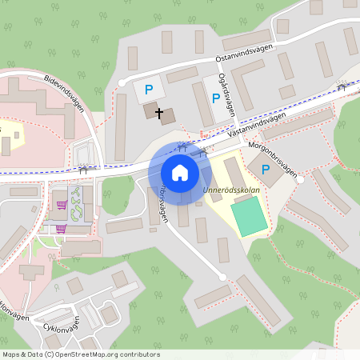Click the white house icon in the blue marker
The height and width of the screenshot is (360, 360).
(179, 173)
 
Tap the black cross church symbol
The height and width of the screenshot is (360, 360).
(159, 114)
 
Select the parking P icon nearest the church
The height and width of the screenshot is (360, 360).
(148, 90)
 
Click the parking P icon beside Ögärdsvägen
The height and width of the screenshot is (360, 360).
(214, 98)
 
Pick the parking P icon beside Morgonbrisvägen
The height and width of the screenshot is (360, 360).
(266, 169)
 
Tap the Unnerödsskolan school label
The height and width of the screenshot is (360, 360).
(233, 190)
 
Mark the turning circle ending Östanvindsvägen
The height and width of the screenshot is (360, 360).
(122, 82)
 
